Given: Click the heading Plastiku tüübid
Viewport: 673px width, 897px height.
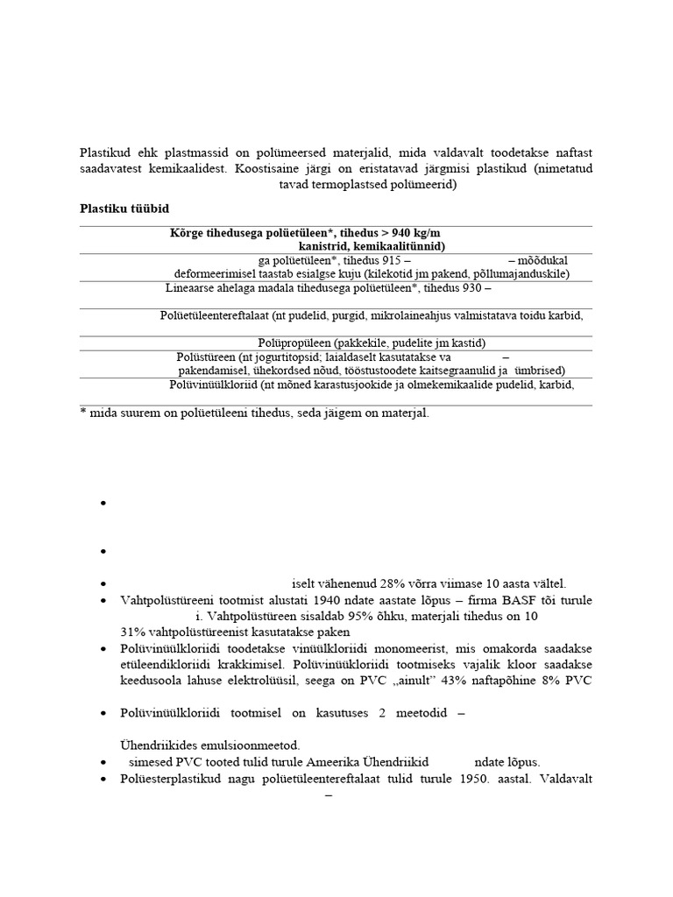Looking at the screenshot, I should point(124,208).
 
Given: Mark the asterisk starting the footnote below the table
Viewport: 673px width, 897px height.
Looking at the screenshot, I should point(82,413).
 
